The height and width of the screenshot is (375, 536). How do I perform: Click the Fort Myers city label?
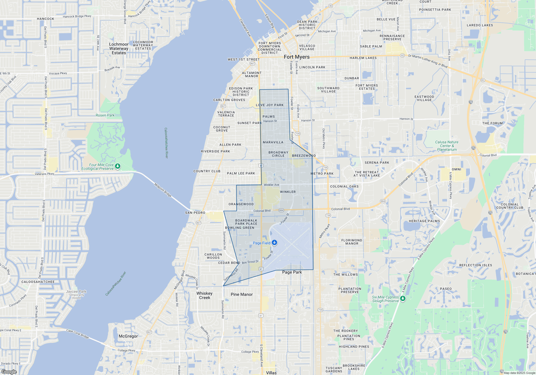297,57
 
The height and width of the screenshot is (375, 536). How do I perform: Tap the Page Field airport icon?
274,243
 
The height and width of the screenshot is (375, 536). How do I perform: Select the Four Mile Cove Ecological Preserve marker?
117,167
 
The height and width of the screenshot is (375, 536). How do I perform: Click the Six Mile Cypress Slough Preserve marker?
403,298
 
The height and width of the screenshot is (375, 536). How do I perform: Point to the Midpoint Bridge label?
163,190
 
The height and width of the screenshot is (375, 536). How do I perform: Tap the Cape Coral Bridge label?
77,334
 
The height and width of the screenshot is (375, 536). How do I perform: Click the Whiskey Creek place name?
204,295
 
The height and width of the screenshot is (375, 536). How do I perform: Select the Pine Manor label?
242,294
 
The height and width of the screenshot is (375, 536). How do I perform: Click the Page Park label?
292,272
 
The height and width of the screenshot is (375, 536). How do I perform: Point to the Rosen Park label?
105,115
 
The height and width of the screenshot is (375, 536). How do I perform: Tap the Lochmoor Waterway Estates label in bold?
119,48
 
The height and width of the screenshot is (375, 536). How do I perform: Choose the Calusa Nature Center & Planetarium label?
447,146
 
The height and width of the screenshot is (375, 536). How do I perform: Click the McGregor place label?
128,336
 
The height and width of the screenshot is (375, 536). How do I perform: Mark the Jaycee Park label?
76,291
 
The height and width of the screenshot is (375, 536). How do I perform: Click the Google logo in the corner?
9,372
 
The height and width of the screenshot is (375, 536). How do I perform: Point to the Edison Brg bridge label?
269,21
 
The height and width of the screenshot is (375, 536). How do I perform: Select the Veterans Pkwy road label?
44,174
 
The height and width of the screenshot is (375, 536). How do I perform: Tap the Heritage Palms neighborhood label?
424,221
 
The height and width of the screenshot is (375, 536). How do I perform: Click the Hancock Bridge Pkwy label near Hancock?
77,17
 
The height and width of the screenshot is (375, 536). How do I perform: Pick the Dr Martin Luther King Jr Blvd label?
428,61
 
